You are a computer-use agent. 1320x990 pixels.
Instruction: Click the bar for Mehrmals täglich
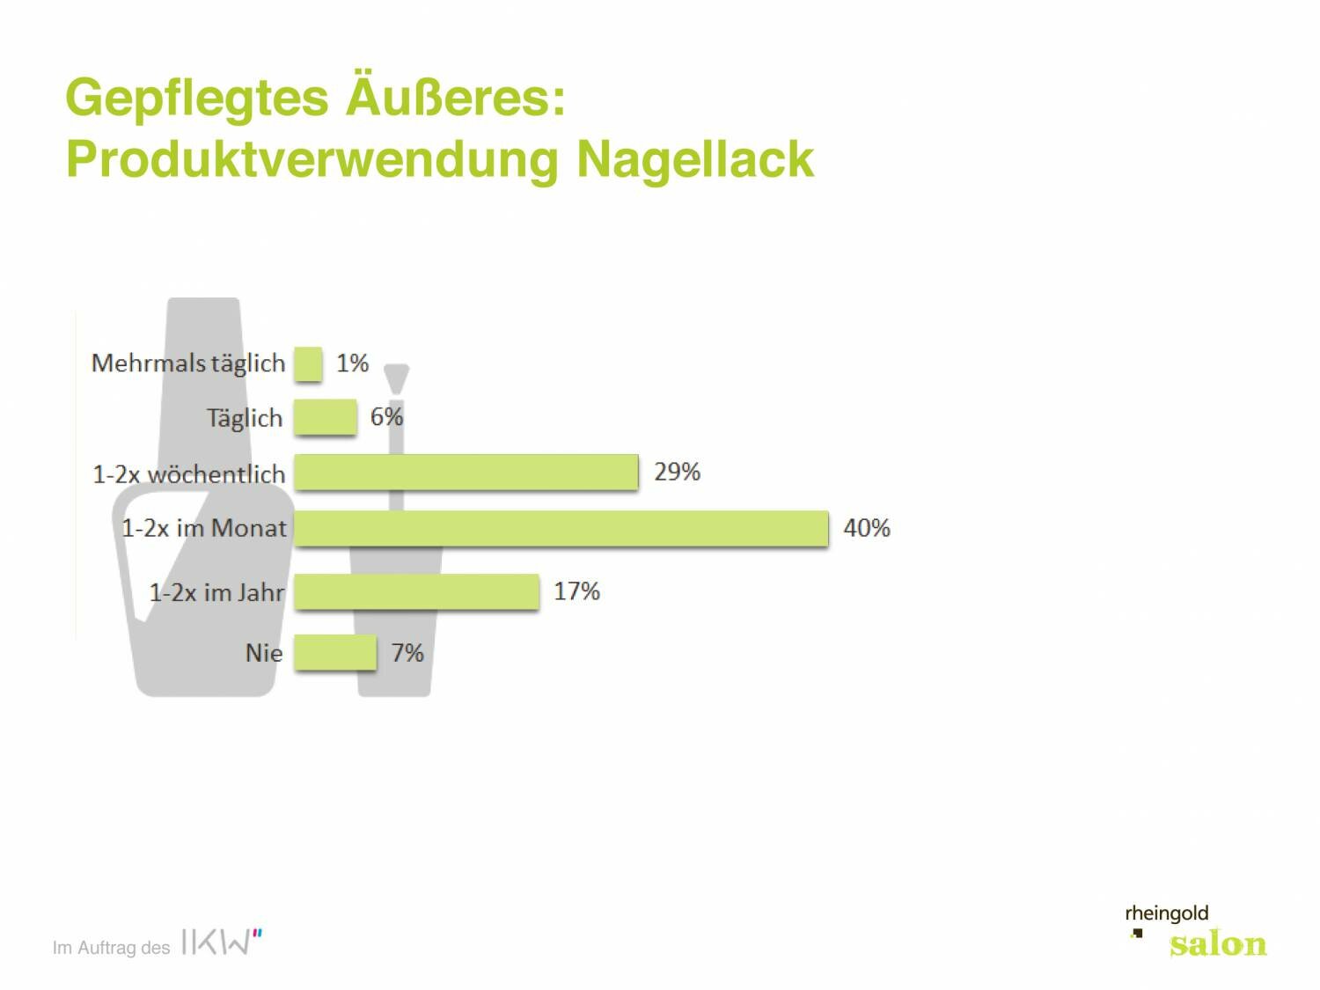[x=308, y=363]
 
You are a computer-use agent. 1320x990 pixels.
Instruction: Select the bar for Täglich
[x=325, y=417]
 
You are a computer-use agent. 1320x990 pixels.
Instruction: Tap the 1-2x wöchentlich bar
[x=466, y=473]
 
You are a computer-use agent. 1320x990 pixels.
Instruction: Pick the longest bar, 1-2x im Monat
[x=561, y=528]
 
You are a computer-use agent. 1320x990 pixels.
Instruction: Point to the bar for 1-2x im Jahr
[x=416, y=591]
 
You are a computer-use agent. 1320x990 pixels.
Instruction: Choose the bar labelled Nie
[x=334, y=653]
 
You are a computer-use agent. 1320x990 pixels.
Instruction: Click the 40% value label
[x=867, y=528]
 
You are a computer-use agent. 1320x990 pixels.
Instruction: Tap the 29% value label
[x=677, y=472]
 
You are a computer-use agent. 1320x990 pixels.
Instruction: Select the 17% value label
[x=576, y=591]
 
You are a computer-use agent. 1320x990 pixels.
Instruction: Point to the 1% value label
[x=352, y=363]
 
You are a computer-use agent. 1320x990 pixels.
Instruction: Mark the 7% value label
[x=407, y=653]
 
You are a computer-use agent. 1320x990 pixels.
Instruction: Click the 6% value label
[x=386, y=416]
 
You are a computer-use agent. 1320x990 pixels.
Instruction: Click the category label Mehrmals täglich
[x=188, y=363]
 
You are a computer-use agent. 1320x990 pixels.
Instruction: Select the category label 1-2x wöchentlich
[x=189, y=474]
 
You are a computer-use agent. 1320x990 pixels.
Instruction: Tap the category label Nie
[x=263, y=653]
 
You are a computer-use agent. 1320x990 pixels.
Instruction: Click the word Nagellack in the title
[x=695, y=159]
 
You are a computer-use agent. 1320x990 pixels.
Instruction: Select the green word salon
[x=1218, y=944]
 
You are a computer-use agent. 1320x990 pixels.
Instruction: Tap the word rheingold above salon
[x=1167, y=913]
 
